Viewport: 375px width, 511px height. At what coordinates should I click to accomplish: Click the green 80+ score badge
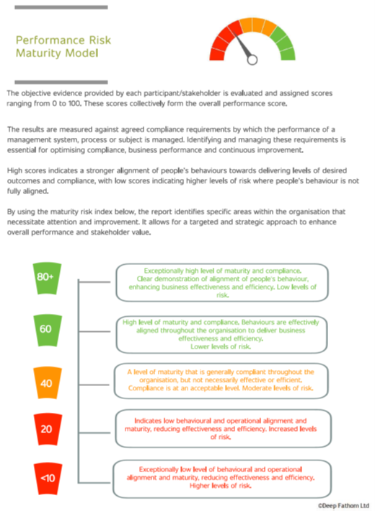click(x=47, y=279)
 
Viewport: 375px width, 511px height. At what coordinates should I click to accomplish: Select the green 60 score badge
click(x=48, y=330)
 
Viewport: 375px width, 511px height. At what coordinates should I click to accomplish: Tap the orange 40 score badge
click(x=48, y=383)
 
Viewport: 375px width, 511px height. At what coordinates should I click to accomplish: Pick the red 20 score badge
click(x=48, y=429)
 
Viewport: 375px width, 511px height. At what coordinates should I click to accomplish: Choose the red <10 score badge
click(x=48, y=479)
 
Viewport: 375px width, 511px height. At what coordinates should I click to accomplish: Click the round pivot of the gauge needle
click(x=252, y=60)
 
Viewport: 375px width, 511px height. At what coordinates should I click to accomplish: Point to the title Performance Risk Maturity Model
click(x=63, y=47)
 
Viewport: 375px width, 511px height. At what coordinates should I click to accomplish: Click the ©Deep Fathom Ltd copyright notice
click(x=343, y=505)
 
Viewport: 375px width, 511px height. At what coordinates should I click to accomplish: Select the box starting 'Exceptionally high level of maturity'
click(x=222, y=282)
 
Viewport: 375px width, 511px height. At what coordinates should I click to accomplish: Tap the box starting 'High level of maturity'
click(x=221, y=334)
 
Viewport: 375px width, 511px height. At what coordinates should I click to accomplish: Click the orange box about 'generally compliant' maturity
click(x=221, y=380)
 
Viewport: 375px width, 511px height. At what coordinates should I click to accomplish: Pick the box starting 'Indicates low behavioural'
click(x=224, y=429)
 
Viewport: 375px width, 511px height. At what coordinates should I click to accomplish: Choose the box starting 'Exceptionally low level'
click(x=222, y=479)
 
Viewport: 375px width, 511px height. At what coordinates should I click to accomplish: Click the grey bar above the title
click(x=61, y=7)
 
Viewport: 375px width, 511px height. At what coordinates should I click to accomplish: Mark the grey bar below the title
click(x=61, y=82)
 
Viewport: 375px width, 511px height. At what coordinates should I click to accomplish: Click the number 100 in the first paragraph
click(x=74, y=104)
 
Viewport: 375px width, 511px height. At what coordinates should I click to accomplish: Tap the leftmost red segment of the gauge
click(x=217, y=54)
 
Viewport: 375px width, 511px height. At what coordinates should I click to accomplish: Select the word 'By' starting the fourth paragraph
click(x=11, y=212)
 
